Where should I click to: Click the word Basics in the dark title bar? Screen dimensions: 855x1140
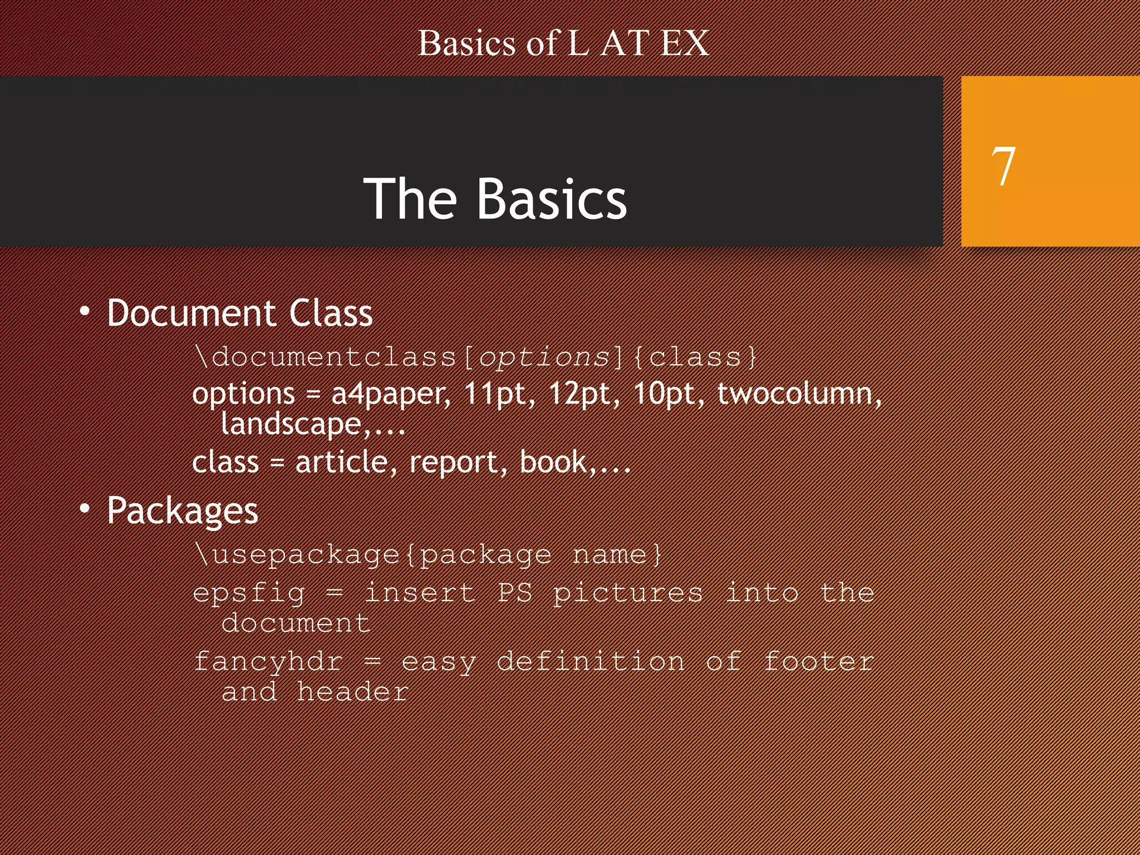[552, 199]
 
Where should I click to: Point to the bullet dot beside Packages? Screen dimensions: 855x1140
[85, 508]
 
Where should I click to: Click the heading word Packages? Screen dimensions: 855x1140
[183, 511]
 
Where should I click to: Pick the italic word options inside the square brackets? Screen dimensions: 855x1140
[544, 357]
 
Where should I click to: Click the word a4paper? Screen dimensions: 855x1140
[391, 395]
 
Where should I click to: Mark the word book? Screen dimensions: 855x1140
[553, 462]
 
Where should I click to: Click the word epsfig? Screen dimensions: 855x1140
[249, 593]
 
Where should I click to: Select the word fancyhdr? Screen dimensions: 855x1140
[268, 662]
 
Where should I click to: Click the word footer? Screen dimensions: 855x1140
[818, 661]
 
